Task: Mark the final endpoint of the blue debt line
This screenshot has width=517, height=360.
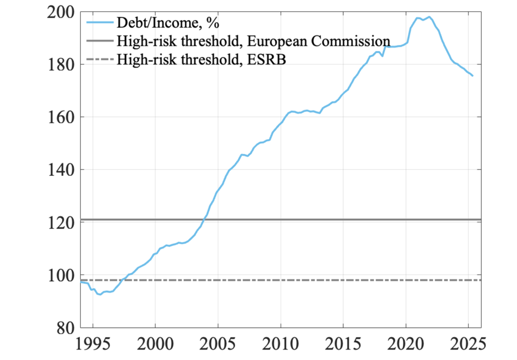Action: point(473,76)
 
